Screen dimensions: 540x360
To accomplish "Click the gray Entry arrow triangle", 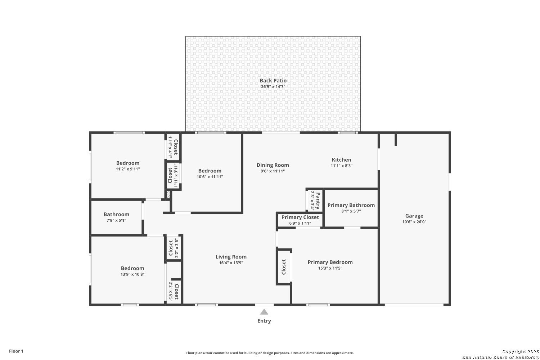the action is click(264, 312).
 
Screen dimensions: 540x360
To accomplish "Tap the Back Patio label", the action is click(273, 81).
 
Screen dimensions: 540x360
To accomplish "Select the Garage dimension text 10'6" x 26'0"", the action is click(414, 222).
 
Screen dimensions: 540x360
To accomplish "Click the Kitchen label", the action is click(341, 159).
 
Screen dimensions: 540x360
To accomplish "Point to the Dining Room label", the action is click(273, 165).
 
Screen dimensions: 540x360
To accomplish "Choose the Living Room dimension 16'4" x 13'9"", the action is click(231, 263).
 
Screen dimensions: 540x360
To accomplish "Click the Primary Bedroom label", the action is click(330, 262).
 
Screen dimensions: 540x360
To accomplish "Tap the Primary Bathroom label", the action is click(351, 205).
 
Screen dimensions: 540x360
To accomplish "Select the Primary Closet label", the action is click(300, 217).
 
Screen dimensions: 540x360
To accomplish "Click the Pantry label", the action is click(318, 201).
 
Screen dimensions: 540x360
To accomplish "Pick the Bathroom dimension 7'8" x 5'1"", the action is click(116, 220).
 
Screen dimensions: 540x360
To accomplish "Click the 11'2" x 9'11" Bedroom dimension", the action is click(128, 169).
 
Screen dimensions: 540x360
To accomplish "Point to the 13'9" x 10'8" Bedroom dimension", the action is click(132, 274).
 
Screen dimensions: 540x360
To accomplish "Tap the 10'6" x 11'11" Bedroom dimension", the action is click(210, 177).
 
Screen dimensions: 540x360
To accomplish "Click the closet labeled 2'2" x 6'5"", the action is click(174, 292).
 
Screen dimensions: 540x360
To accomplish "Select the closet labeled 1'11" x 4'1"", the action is click(173, 147).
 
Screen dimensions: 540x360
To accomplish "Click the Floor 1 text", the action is click(16, 351).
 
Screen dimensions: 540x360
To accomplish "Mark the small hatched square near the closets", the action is click(168, 195).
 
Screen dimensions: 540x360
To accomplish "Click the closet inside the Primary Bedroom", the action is click(284, 267).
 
